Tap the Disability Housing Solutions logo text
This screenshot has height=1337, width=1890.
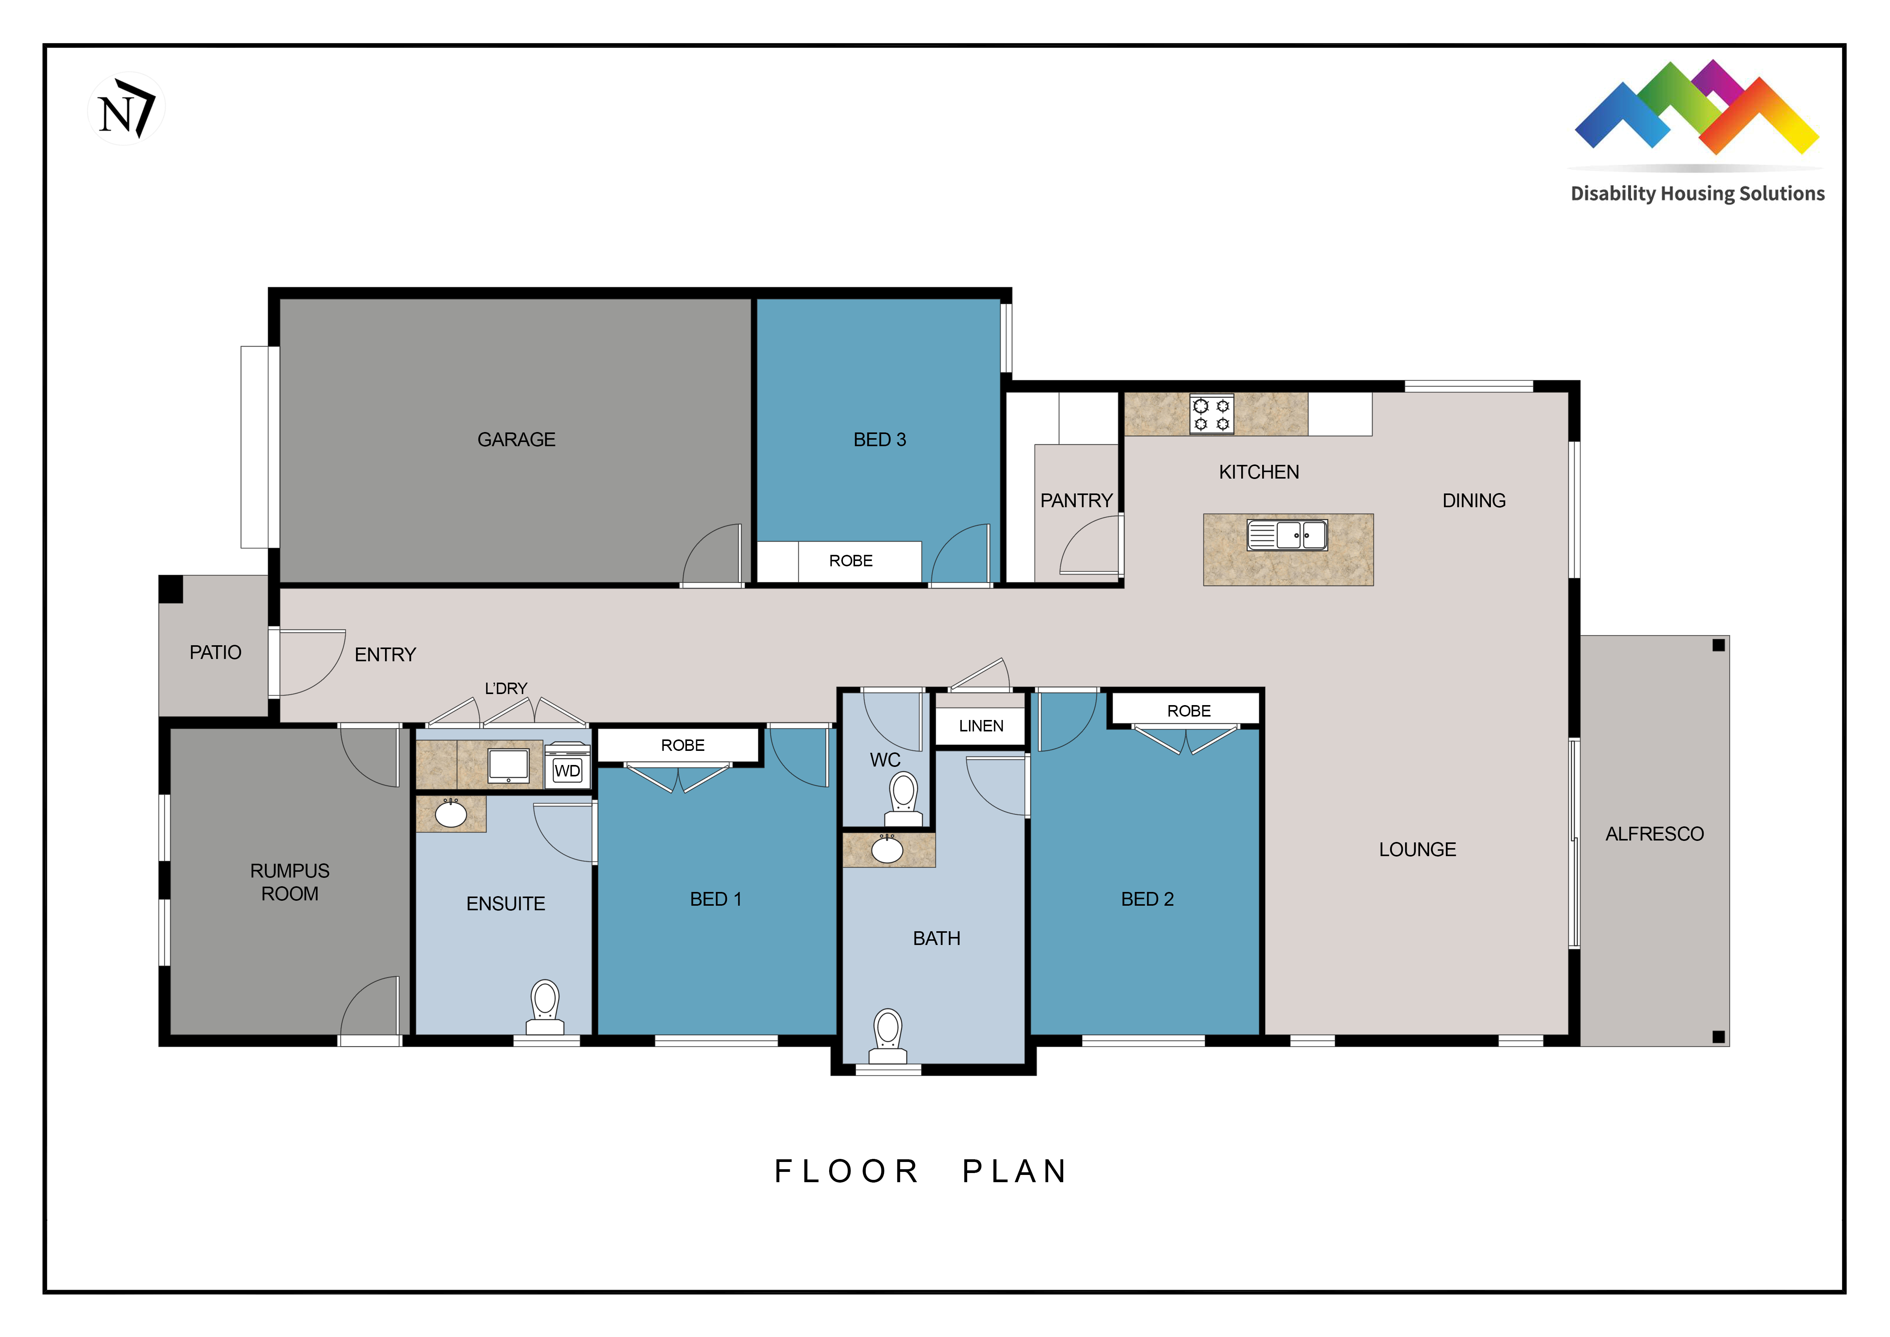(x=1697, y=193)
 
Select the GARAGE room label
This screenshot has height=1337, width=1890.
(x=516, y=440)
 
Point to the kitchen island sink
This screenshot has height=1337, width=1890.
(x=1287, y=535)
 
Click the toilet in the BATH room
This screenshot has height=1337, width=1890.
(x=887, y=1036)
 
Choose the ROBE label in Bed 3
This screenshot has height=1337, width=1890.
(x=850, y=561)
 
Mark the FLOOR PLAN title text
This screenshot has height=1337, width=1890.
(x=921, y=1171)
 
